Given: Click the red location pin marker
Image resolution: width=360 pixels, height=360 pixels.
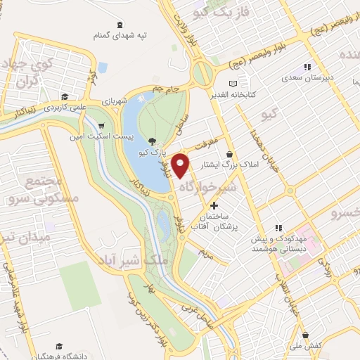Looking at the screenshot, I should (x=182, y=165).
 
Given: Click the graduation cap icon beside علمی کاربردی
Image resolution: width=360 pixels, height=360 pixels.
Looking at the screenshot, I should (x=64, y=98).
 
